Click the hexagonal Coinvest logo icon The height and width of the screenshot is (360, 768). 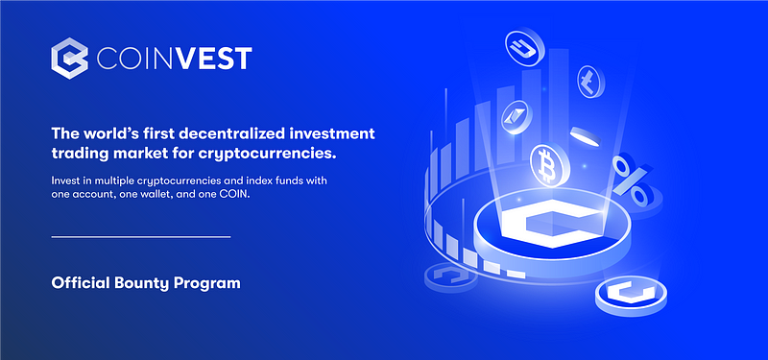coord(69,59)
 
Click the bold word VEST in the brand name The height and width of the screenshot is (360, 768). coord(214,59)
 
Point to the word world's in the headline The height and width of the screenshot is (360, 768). coord(103,133)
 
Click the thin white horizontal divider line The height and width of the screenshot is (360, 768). coord(141,237)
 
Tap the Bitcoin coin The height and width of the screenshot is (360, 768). coord(549,164)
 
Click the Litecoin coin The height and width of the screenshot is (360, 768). coord(590,81)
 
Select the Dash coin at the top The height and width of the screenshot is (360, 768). coord(524,48)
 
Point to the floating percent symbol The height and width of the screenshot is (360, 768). coord(632,180)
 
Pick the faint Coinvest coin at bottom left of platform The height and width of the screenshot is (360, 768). coord(450,277)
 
